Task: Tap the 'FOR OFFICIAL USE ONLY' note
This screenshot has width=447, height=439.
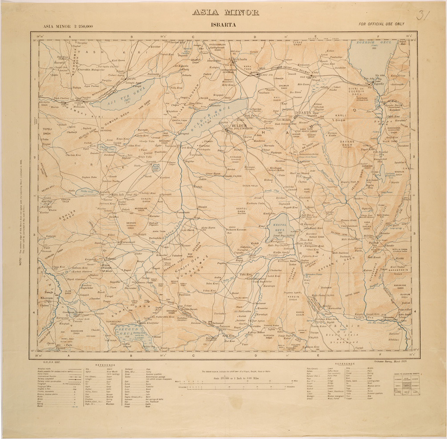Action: (x=383, y=24)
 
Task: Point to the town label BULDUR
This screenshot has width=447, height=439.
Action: (x=236, y=125)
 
